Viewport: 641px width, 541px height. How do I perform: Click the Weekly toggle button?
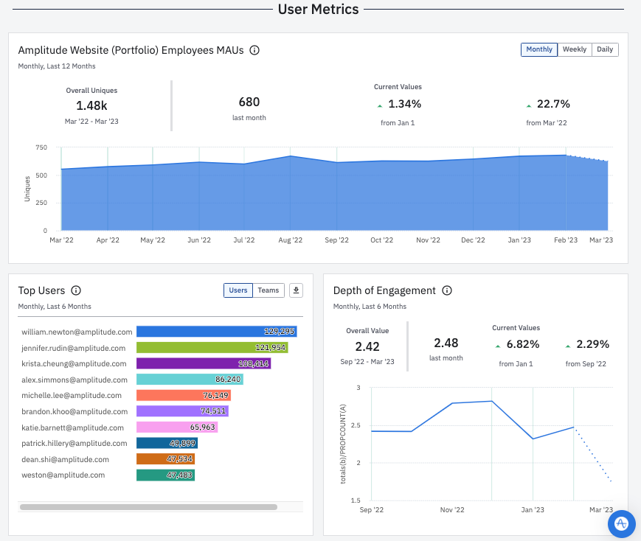574,49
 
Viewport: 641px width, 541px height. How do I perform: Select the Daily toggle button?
605,49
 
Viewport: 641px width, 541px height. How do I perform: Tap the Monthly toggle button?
539,49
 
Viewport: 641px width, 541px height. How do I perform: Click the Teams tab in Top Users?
268,290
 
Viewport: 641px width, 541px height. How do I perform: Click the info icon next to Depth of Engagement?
446,290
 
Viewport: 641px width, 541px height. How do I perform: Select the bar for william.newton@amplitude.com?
216,332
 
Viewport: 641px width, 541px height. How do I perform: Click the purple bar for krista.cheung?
204,363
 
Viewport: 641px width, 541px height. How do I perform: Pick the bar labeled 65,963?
177,427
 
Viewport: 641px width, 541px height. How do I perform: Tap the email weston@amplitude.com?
63,475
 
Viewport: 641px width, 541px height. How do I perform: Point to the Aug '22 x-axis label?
291,240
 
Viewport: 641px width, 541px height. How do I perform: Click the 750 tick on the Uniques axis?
41,147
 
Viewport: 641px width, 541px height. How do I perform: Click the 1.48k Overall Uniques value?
91,105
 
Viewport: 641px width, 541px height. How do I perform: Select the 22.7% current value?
552,104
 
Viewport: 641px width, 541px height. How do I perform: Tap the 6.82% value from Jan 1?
522,344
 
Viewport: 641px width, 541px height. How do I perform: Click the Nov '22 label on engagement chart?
451,509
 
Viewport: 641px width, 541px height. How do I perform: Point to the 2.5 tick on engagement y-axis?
356,425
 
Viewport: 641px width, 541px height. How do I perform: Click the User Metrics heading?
318,10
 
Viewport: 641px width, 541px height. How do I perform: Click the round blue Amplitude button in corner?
621,523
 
